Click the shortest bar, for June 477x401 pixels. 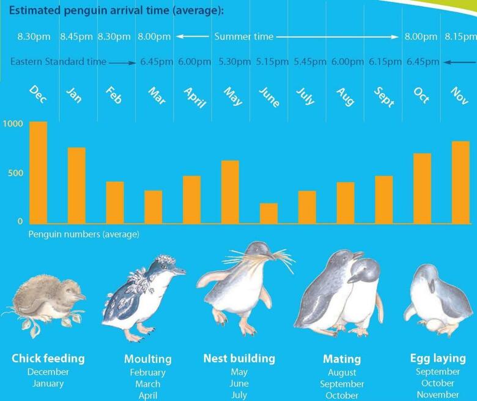(268, 213)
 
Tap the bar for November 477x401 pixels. (460, 182)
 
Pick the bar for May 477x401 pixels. (230, 192)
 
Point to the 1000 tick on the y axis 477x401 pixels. (12, 124)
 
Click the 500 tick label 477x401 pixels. (15, 173)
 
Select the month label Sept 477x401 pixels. (383, 97)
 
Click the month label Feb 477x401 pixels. (114, 97)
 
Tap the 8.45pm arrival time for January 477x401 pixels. (76, 37)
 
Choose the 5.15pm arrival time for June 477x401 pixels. (268, 62)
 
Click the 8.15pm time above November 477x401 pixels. (460, 37)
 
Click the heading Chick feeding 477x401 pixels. (48, 359)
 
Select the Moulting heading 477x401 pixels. (148, 359)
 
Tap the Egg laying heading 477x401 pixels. (438, 358)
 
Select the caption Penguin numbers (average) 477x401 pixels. (84, 234)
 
